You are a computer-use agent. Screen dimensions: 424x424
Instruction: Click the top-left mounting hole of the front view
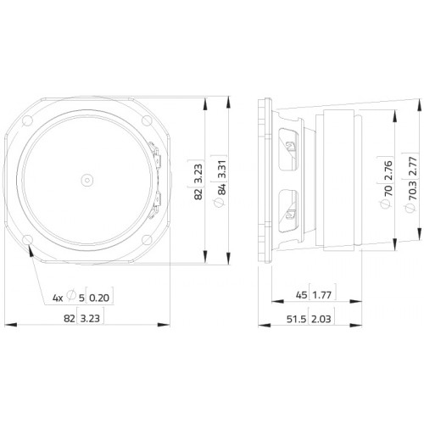pos(27,120)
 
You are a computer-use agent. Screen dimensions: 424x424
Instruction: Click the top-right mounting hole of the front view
pos(147,120)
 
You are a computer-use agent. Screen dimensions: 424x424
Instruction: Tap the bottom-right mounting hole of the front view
pos(147,240)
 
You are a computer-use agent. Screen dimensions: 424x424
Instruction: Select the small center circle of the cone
pos(87,180)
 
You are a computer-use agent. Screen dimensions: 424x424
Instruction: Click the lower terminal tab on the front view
pos(155,204)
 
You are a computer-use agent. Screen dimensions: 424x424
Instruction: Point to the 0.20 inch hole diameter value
pos(99,298)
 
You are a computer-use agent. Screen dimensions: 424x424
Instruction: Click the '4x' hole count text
pos(58,298)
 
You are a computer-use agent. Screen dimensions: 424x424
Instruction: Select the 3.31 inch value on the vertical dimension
pos(222,169)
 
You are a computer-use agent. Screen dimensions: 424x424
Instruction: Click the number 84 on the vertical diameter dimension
pos(222,189)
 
